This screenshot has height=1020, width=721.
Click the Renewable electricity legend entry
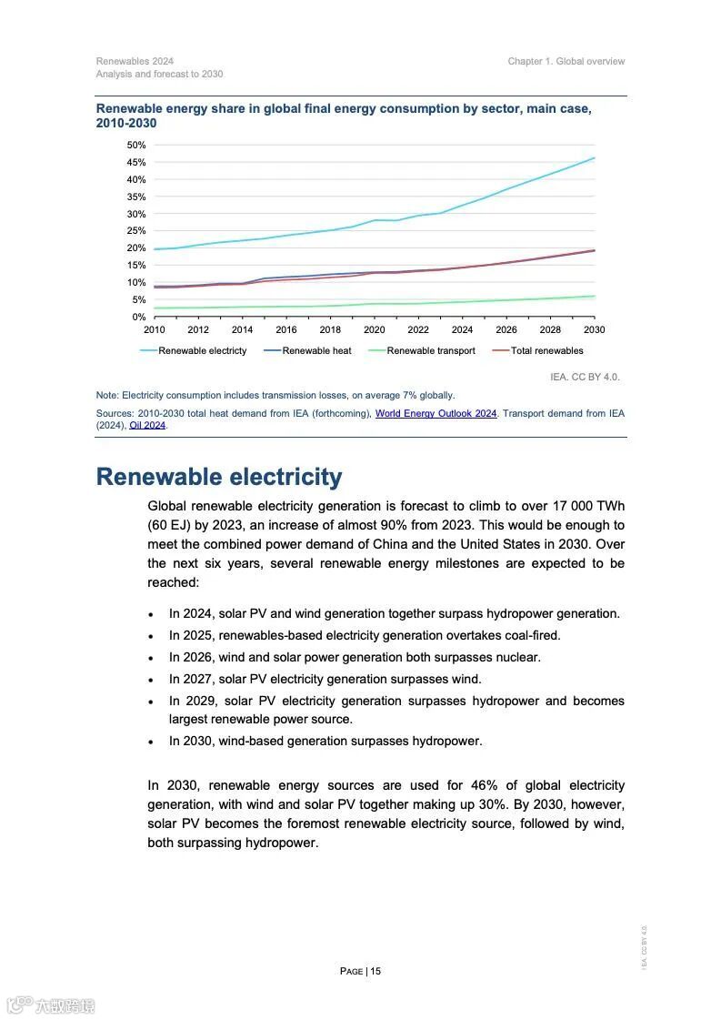202,350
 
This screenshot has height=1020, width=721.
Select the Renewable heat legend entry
316,350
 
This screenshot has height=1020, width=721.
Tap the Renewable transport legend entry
430,350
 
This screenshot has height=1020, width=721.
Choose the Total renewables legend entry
546,350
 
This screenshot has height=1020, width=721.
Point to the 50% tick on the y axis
136,146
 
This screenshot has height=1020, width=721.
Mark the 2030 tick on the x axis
595,329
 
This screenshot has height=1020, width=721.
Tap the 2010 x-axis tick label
155,329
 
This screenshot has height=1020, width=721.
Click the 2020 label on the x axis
375,329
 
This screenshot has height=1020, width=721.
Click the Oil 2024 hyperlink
147,425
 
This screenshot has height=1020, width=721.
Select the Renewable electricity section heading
219,477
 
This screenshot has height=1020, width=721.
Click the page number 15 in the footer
376,971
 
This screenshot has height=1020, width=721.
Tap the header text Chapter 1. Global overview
566,62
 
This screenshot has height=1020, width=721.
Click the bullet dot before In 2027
151,680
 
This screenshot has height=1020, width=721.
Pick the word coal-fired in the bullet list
532,635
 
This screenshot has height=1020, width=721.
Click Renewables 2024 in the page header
135,62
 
